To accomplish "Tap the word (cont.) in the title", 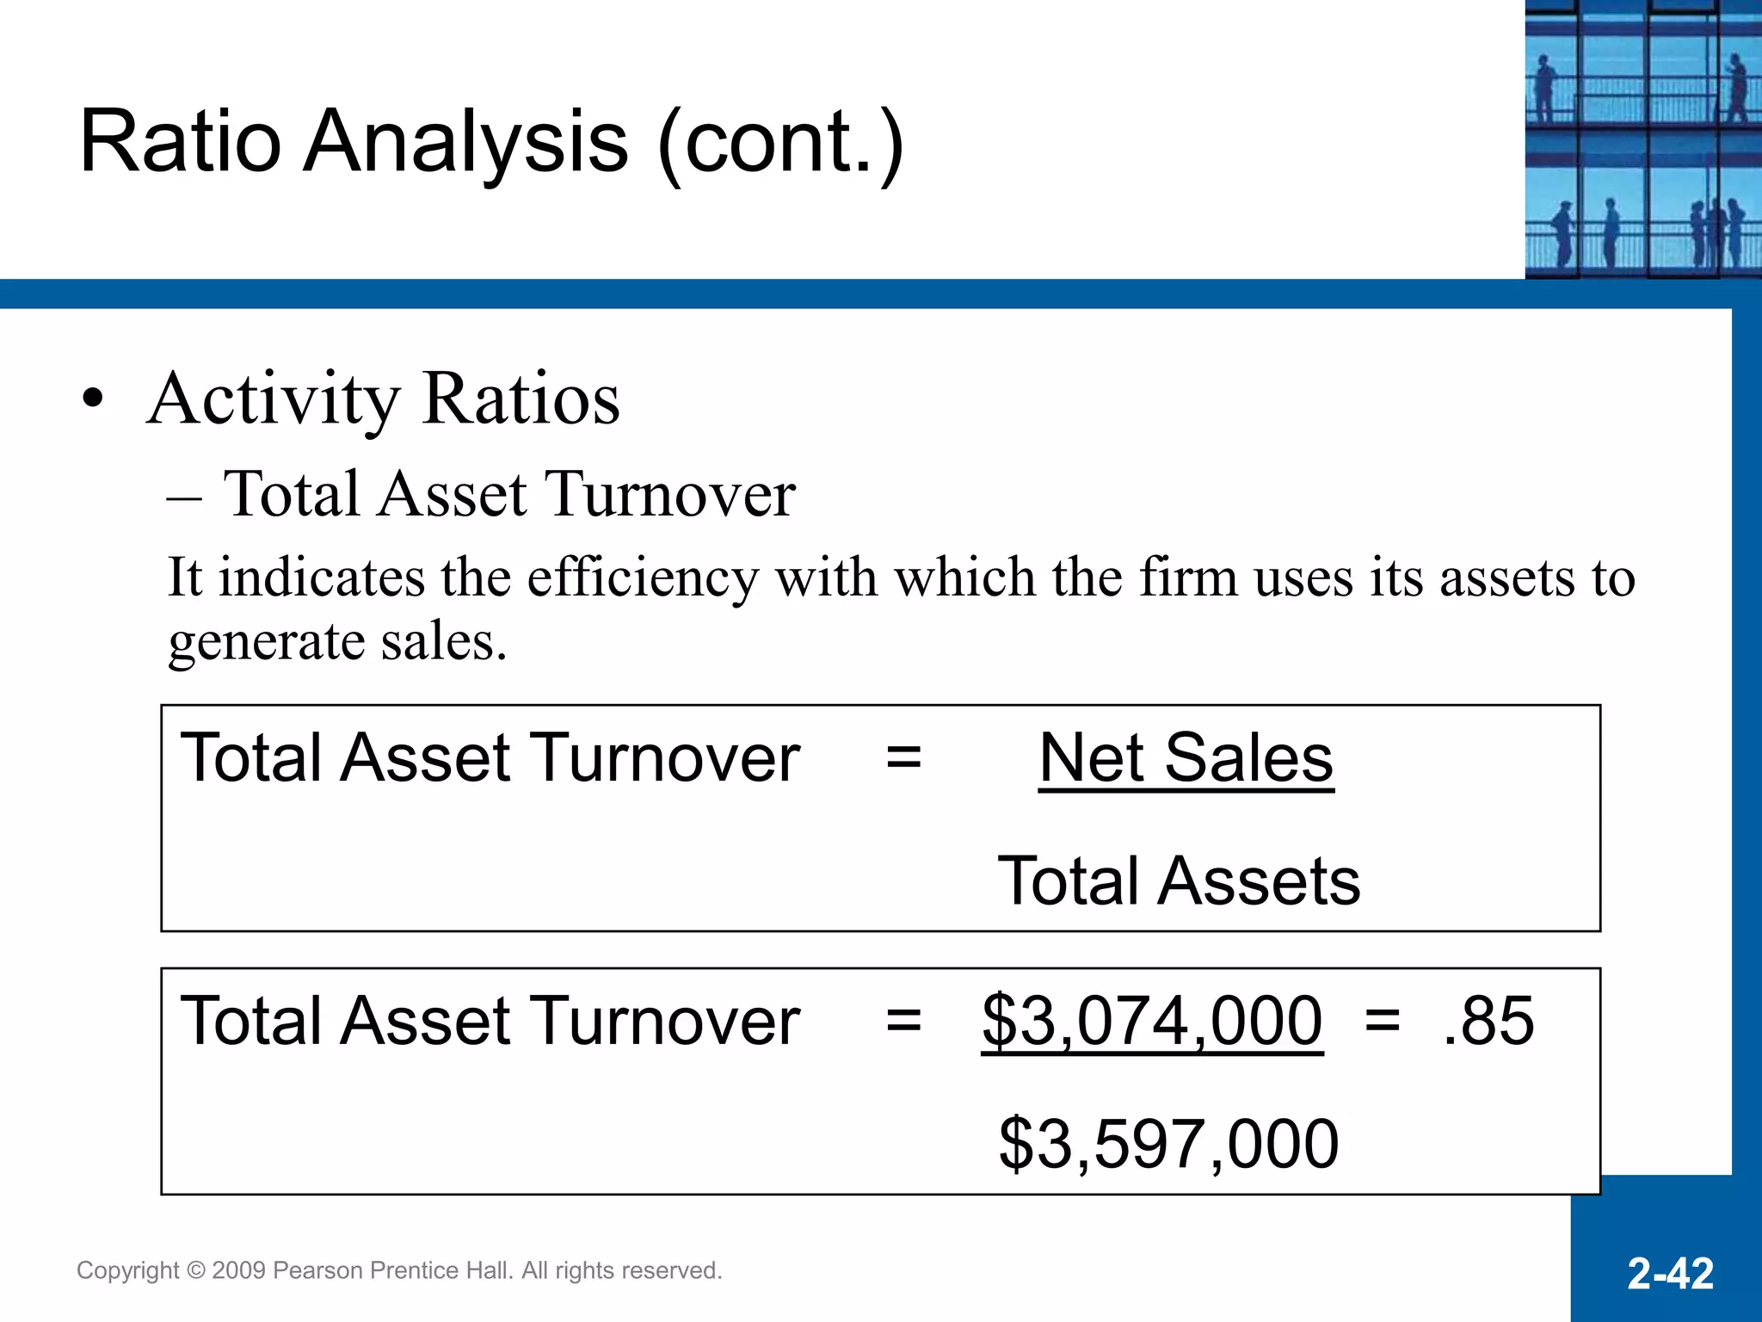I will click(780, 142).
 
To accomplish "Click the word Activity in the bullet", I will click(274, 401).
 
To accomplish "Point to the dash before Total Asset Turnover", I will click(185, 497).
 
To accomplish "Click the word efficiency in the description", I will click(643, 578).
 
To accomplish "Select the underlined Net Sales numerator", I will click(1186, 758).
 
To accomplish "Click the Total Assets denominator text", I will click(1179, 881).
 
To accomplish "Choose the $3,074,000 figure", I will click(1152, 1022).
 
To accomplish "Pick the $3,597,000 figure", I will click(1168, 1145).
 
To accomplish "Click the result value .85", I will click(1488, 1022).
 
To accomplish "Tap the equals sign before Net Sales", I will click(903, 758).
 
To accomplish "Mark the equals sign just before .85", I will click(1383, 1022).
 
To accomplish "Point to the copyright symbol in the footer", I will click(196, 1271).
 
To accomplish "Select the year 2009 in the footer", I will click(238, 1271).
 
